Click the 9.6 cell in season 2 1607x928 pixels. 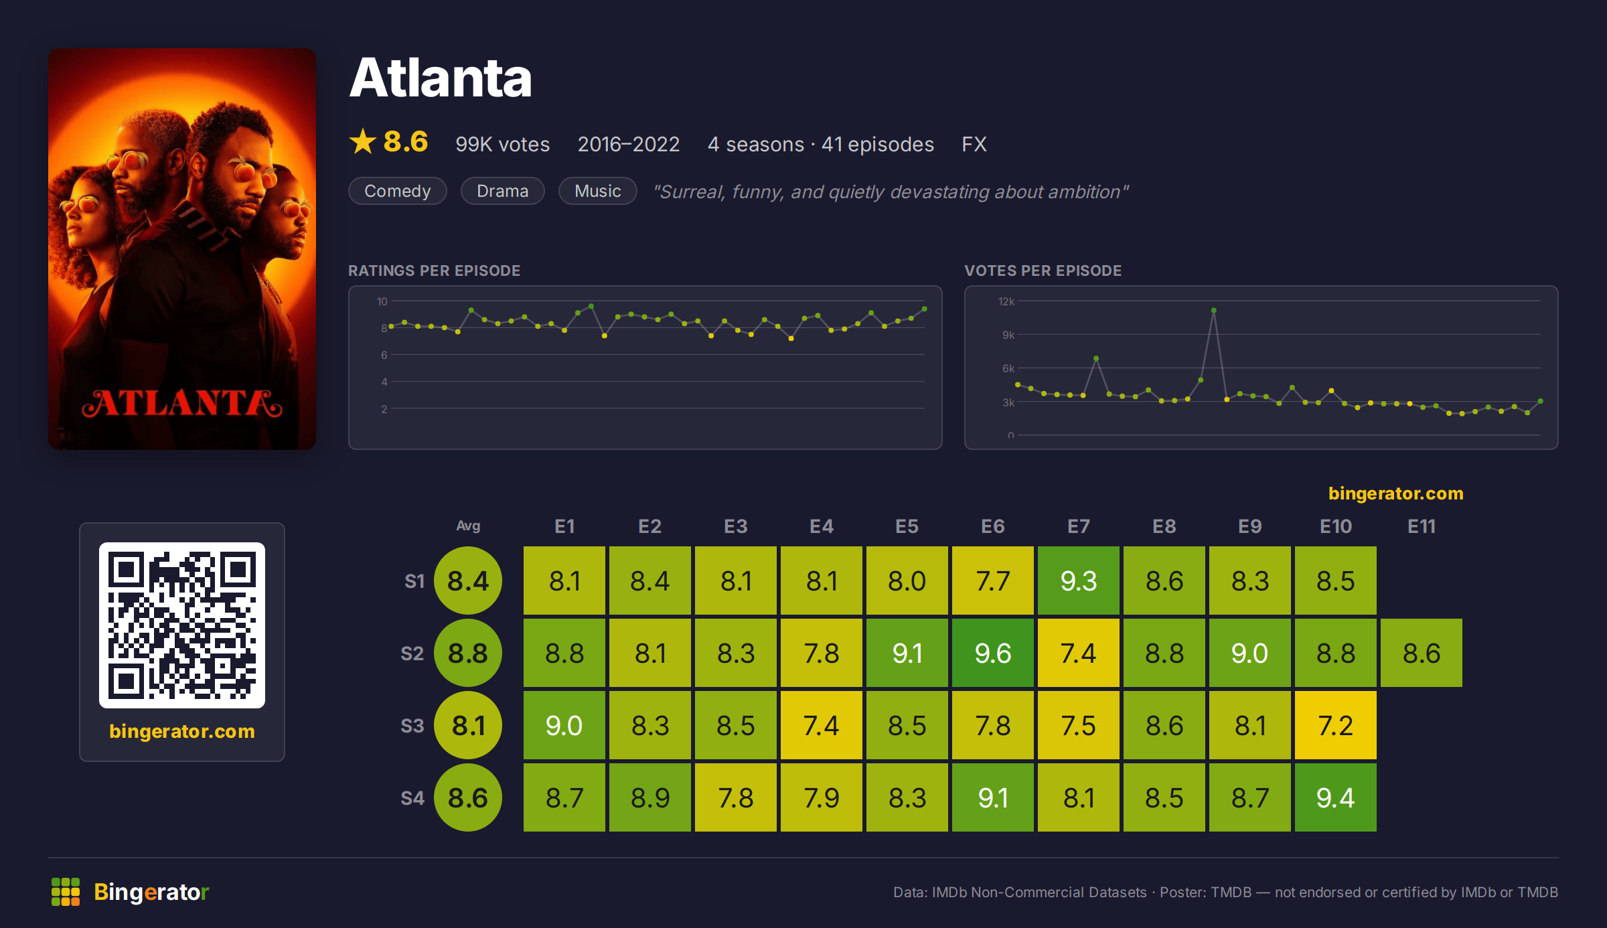click(x=993, y=653)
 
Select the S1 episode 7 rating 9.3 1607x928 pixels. click(x=1079, y=581)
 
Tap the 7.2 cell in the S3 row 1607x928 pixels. click(x=1336, y=725)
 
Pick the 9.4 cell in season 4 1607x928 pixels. click(x=1336, y=797)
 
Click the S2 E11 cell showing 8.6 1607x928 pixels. click(x=1422, y=653)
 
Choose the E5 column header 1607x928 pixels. click(x=907, y=526)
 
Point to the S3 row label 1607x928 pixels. click(x=412, y=726)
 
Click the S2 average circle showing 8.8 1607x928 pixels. click(x=468, y=653)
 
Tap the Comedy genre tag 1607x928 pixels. click(x=398, y=191)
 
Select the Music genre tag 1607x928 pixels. click(x=597, y=191)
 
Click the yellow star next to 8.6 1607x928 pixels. click(x=363, y=141)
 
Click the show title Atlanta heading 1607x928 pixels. click(x=441, y=78)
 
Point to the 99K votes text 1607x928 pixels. click(x=503, y=144)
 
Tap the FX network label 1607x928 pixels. click(x=974, y=144)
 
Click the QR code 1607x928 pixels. click(x=182, y=625)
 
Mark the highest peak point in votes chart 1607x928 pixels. click(x=1214, y=311)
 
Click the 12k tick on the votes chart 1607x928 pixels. click(x=1006, y=301)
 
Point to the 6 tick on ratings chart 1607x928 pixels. click(x=384, y=355)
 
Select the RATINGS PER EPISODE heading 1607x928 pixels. click(x=435, y=270)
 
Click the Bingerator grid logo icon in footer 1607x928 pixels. click(x=66, y=892)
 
